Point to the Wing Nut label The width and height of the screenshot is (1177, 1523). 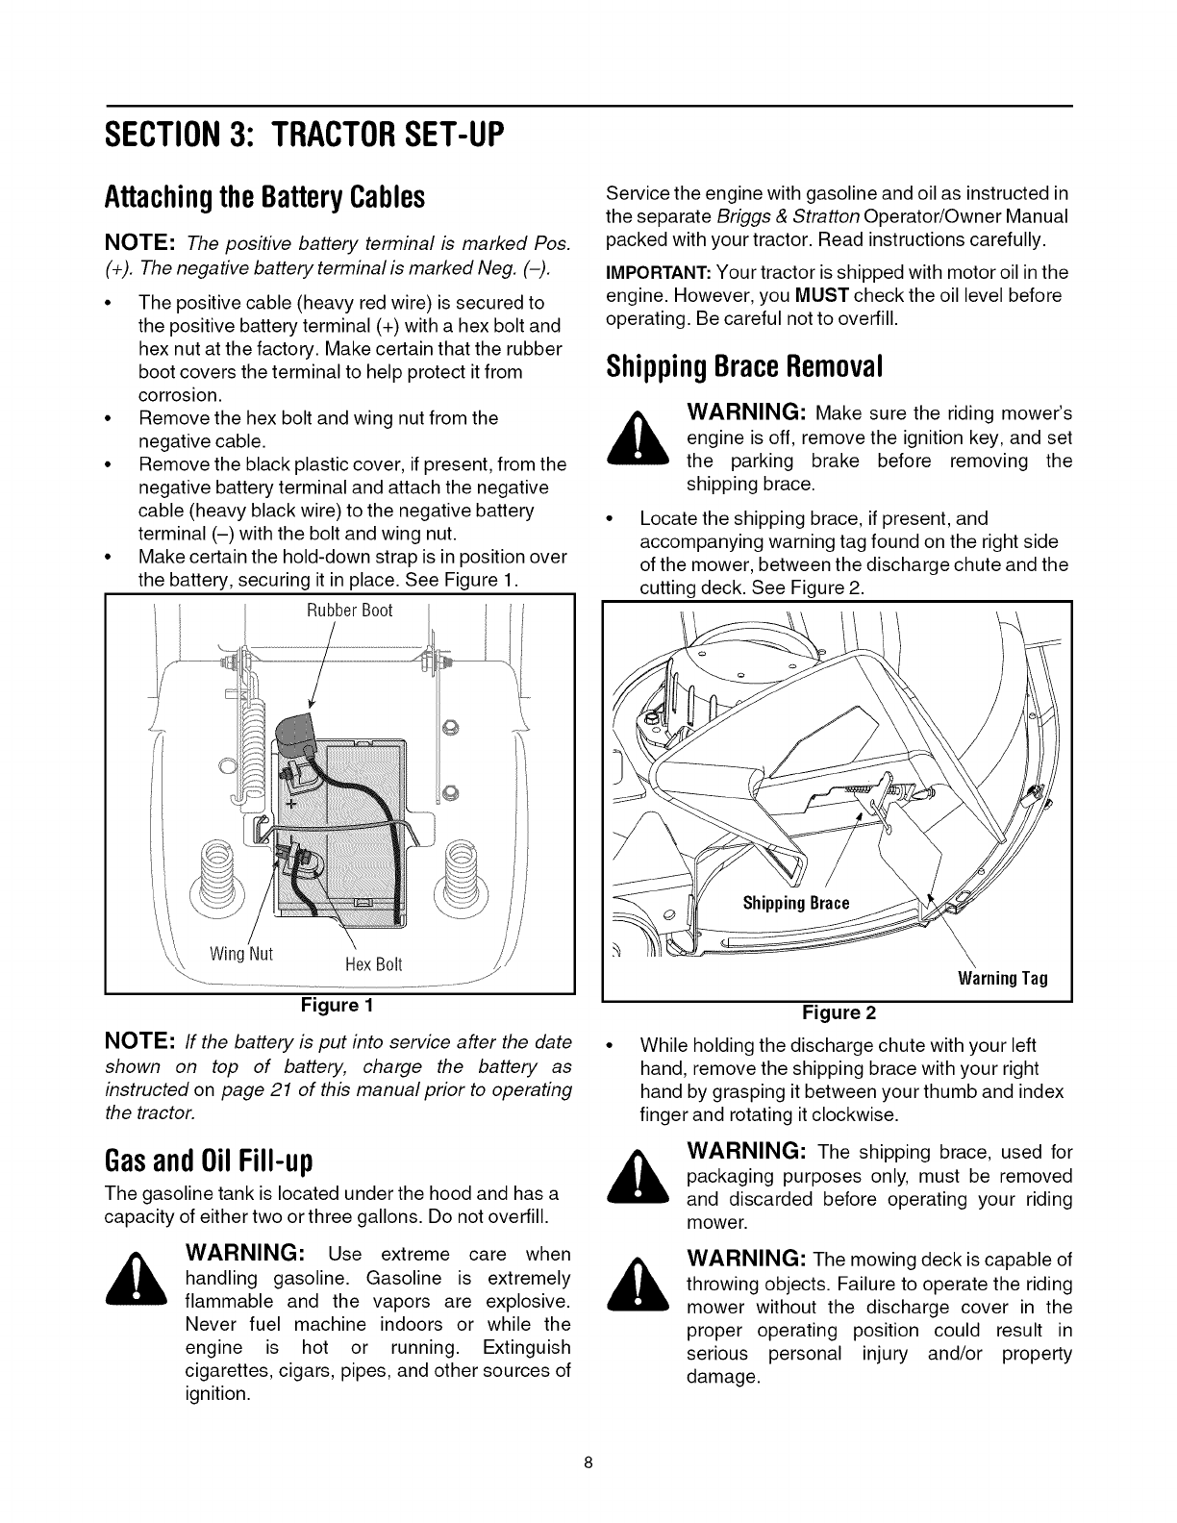tap(241, 955)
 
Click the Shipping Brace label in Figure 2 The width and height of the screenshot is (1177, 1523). tap(796, 903)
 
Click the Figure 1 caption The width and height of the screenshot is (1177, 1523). tap(339, 1007)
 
